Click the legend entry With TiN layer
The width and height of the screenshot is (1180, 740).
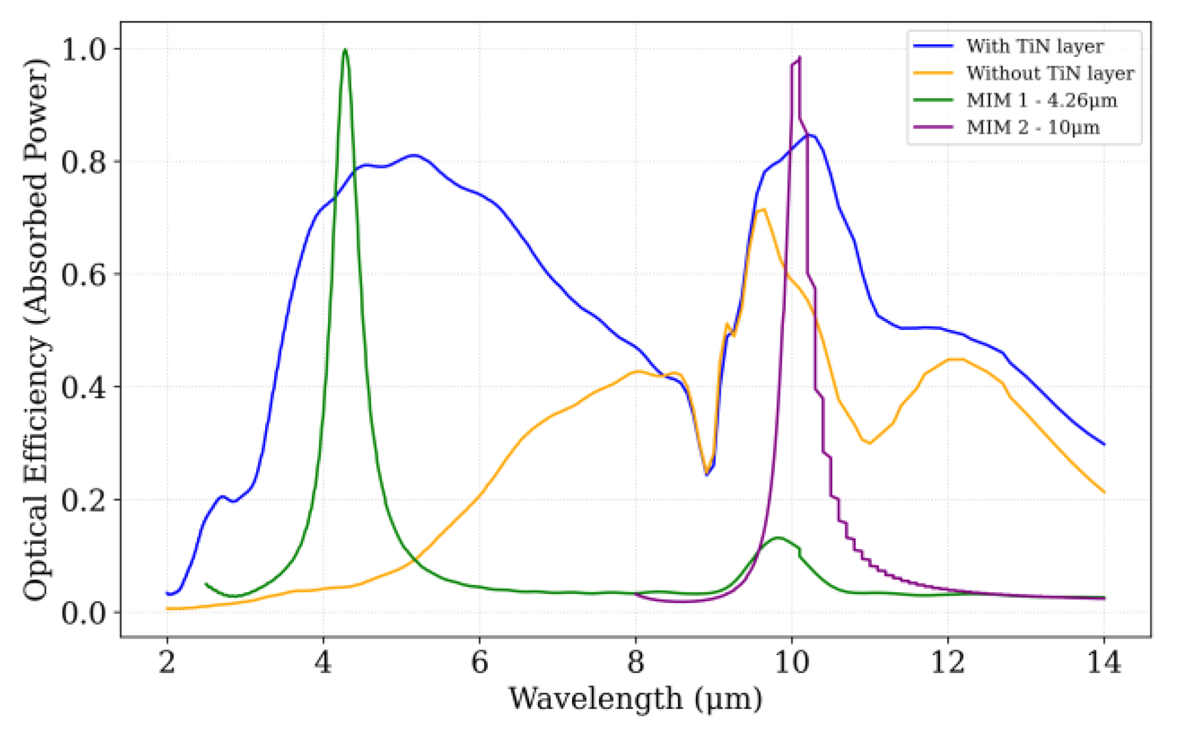(x=1034, y=46)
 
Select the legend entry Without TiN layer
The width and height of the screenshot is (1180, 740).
(x=1050, y=73)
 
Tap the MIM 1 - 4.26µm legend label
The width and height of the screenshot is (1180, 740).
(x=1041, y=100)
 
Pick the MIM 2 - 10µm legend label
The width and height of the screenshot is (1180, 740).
(x=1032, y=127)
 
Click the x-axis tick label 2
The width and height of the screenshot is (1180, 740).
(x=167, y=662)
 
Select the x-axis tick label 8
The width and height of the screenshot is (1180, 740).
(x=635, y=662)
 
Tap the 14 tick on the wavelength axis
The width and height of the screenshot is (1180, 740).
(x=1103, y=662)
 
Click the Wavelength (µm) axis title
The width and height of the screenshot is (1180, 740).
(x=635, y=698)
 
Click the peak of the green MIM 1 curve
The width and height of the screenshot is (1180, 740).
(x=345, y=50)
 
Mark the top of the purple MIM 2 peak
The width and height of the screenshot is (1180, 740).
(x=799, y=58)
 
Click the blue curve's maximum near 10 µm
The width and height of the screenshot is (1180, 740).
(x=810, y=135)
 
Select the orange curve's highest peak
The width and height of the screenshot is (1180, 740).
(x=761, y=209)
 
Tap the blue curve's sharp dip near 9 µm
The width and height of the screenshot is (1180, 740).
(x=707, y=475)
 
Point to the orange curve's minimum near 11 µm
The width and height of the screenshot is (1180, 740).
(x=869, y=443)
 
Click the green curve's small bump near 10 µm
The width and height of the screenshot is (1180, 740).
(x=778, y=538)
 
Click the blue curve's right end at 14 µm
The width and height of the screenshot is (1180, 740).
(x=1104, y=444)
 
